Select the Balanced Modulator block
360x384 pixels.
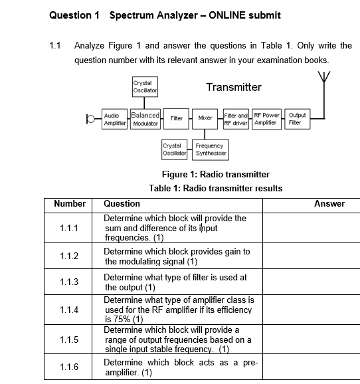145,119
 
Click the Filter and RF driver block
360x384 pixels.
236,119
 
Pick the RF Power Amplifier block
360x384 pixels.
267,119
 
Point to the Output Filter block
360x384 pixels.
295,119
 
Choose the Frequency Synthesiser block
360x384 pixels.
211,149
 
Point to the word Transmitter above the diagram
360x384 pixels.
234,87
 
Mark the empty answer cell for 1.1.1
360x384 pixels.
312,228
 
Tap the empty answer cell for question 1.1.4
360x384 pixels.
312,310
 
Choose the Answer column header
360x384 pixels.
329,204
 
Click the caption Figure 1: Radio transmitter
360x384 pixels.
216,174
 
